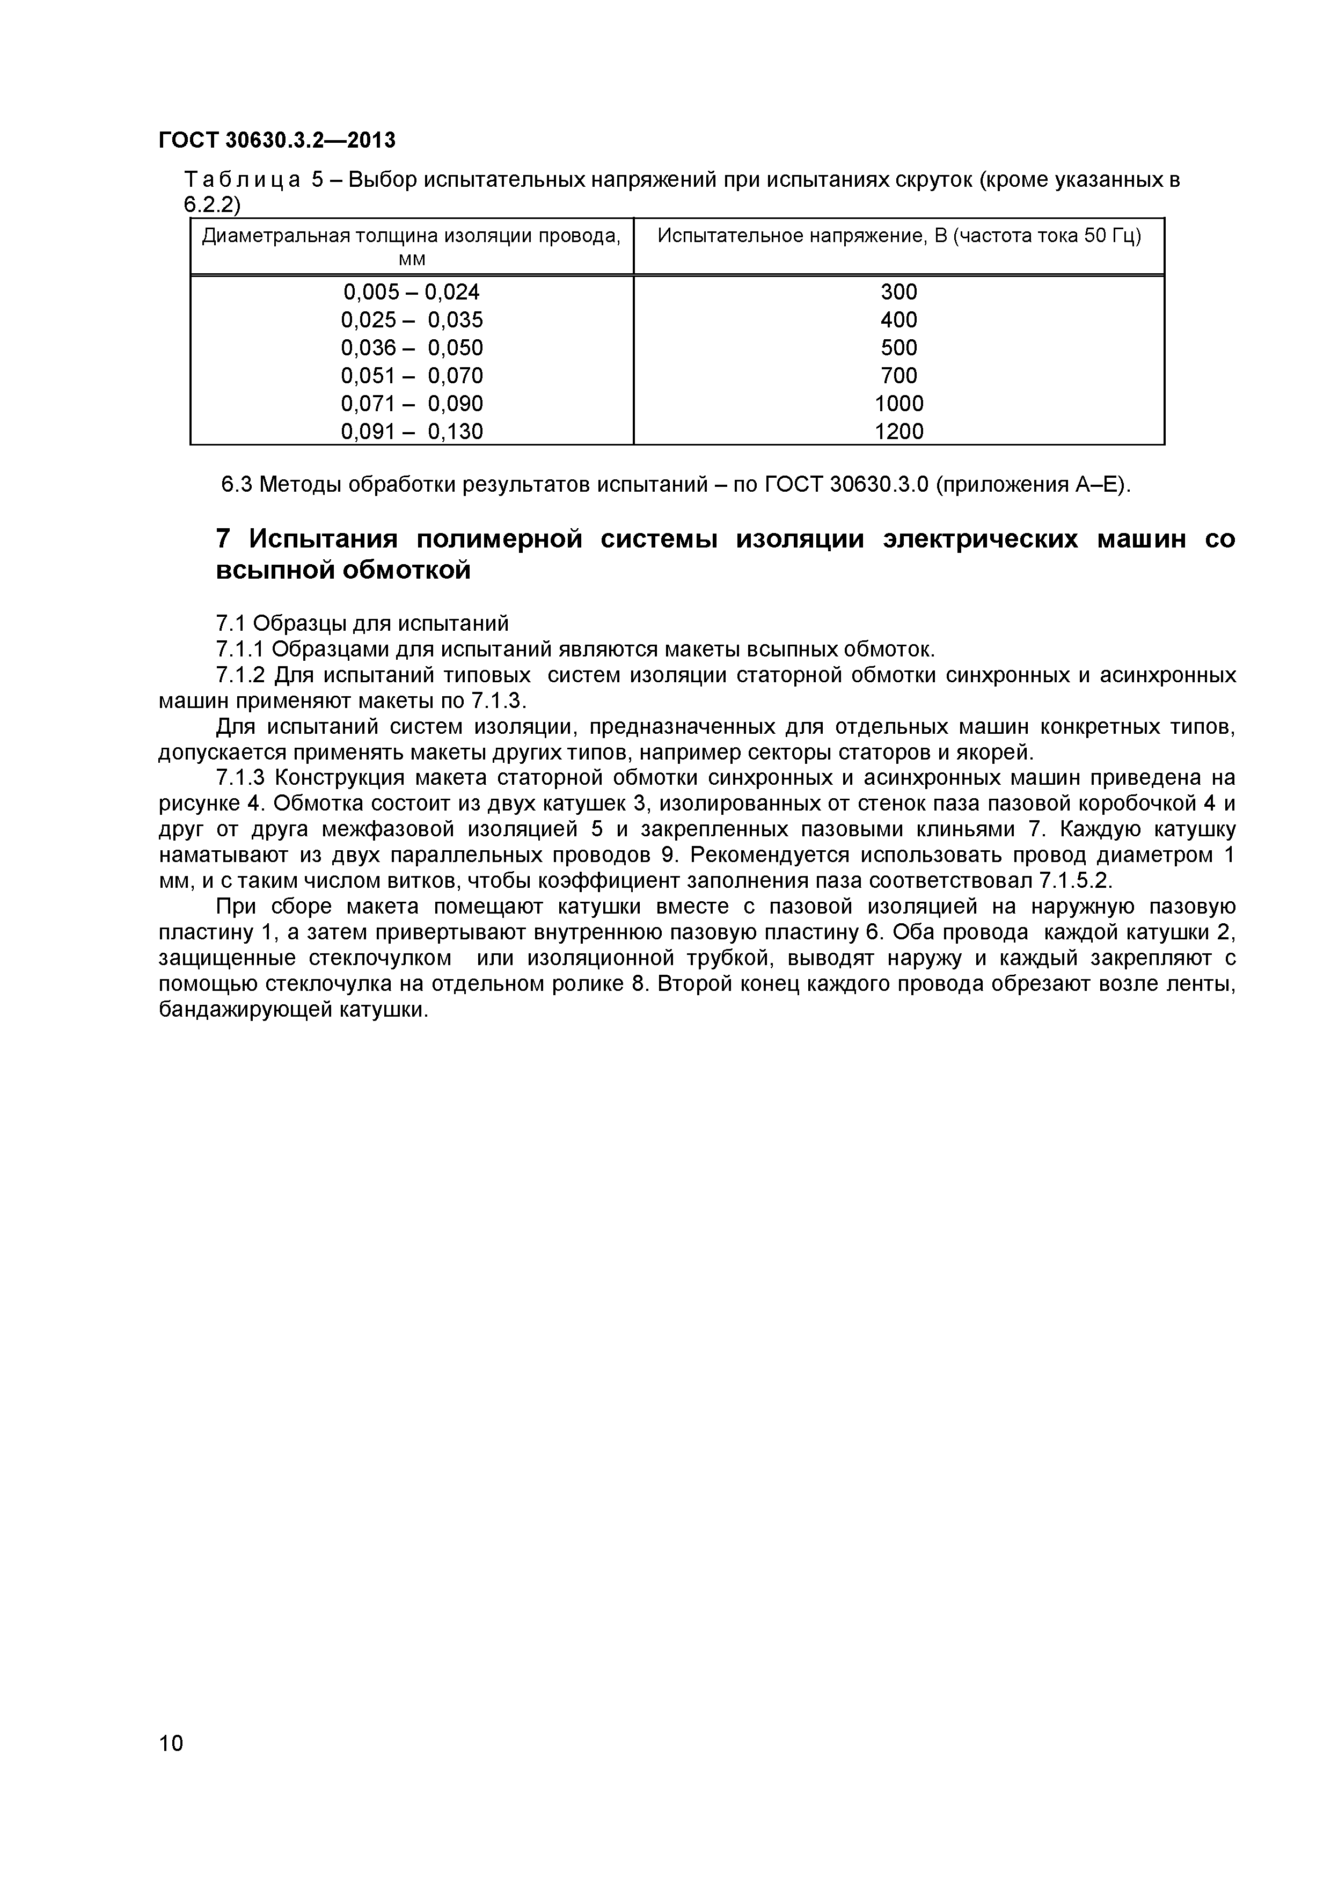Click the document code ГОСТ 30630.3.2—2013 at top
[276, 140]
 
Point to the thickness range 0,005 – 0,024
[411, 292]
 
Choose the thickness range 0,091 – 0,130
[411, 432]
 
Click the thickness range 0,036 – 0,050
[411, 348]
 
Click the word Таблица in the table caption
[242, 180]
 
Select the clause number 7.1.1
[239, 649]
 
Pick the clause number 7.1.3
[239, 777]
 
